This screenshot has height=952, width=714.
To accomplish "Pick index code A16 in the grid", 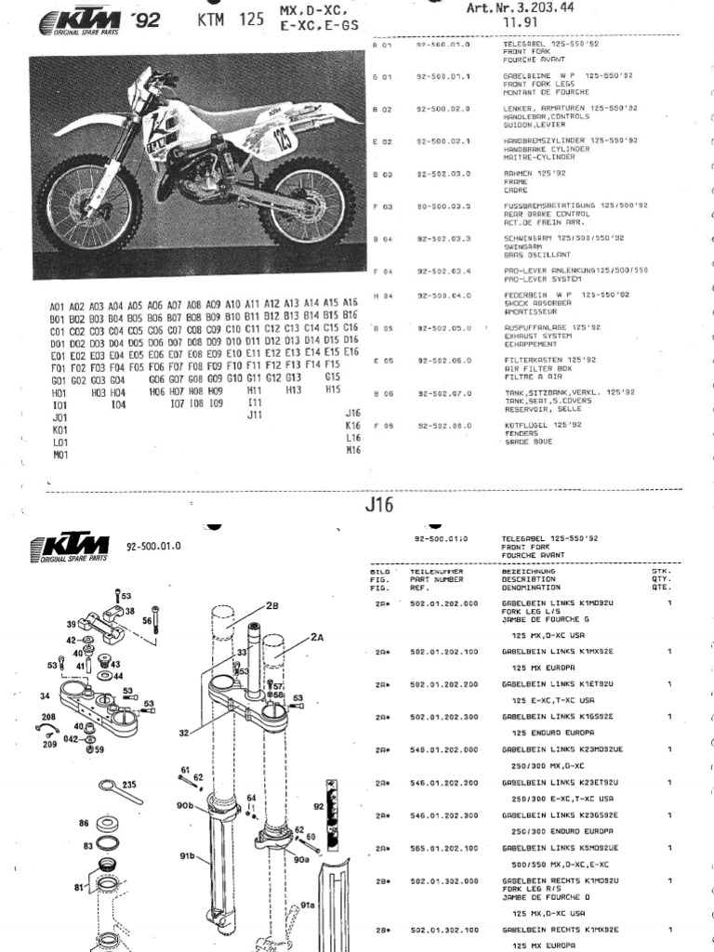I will tap(350, 303).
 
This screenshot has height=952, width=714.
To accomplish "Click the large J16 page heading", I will tap(379, 507).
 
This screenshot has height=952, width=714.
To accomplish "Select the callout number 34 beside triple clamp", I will tap(44, 695).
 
